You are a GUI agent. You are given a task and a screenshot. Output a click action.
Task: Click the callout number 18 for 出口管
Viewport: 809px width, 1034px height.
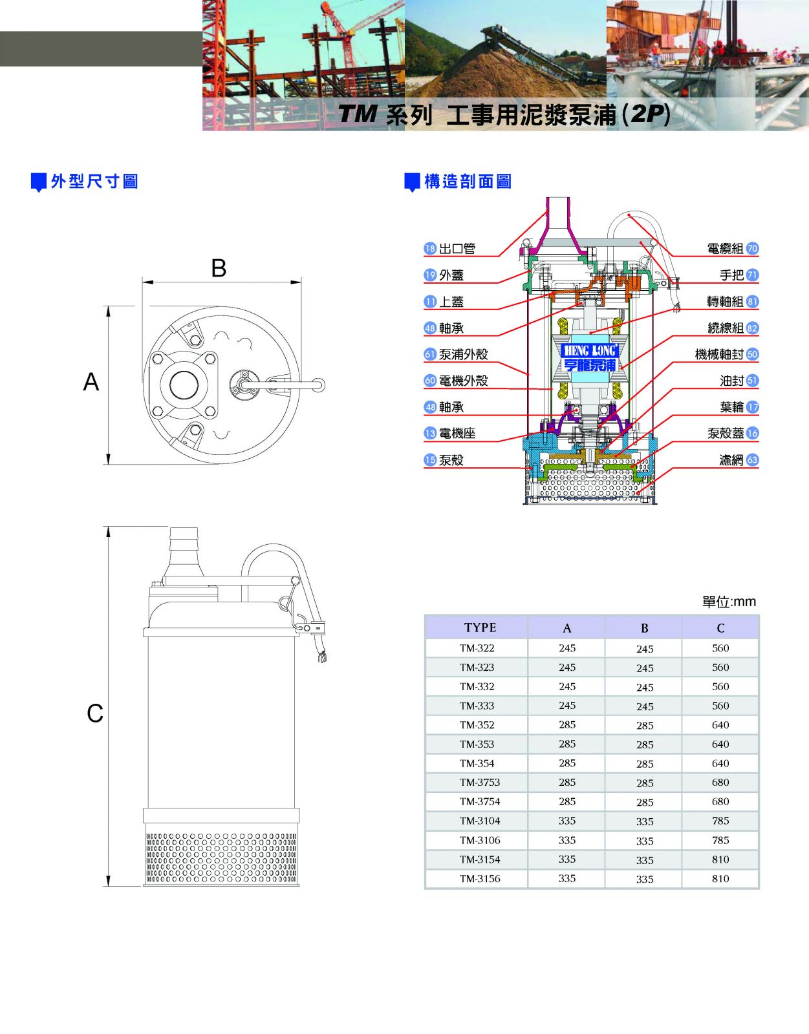click(x=430, y=248)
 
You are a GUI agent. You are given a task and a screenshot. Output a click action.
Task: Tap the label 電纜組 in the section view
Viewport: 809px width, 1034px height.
click(x=725, y=248)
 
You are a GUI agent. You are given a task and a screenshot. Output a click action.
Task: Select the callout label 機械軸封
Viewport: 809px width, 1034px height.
click(x=719, y=354)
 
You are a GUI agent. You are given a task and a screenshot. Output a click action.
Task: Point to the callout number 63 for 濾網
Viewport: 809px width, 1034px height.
click(x=752, y=459)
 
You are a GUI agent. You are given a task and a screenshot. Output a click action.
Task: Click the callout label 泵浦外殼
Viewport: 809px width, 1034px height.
click(x=463, y=354)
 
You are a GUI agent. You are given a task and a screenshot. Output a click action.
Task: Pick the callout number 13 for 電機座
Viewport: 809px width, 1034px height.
click(x=430, y=433)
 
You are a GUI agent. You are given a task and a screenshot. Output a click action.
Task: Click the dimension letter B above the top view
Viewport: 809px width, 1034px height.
click(x=219, y=268)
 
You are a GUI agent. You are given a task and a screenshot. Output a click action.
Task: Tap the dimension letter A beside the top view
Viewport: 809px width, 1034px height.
click(x=91, y=382)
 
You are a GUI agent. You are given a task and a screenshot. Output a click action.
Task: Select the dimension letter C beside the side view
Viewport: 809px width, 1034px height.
click(x=95, y=713)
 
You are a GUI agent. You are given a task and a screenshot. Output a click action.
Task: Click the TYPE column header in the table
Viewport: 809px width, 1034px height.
click(x=480, y=628)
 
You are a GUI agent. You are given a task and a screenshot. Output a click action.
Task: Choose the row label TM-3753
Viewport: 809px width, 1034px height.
click(x=480, y=783)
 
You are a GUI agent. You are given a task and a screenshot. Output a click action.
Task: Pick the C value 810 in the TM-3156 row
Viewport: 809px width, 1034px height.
click(x=720, y=879)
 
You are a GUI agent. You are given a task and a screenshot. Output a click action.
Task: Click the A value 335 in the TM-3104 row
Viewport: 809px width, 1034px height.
click(x=567, y=821)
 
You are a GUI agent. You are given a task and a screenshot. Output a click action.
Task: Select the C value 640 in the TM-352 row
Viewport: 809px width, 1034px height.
click(x=720, y=725)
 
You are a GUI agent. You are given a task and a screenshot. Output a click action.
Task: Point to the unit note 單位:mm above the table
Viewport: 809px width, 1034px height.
click(x=729, y=602)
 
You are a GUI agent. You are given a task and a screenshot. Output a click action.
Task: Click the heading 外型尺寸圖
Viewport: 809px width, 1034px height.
click(x=94, y=182)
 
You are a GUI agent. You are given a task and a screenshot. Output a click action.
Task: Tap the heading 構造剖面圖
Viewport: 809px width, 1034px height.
click(x=468, y=182)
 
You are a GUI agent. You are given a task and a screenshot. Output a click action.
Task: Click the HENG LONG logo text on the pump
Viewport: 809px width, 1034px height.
click(x=590, y=350)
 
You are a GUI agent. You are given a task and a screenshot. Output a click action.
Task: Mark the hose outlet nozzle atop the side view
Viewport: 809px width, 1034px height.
click(x=183, y=546)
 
